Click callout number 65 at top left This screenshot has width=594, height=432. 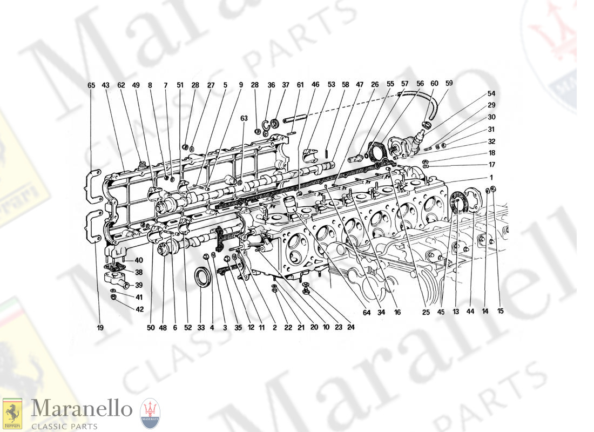click(91, 85)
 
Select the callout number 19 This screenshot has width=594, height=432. click(100, 327)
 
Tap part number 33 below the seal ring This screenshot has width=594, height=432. click(201, 327)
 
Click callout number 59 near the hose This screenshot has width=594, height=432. click(449, 83)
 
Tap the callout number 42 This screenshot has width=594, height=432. click(139, 309)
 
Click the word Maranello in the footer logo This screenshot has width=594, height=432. click(81, 409)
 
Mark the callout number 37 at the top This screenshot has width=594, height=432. click(286, 85)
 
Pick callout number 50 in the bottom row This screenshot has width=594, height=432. click(150, 327)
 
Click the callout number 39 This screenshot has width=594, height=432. click(139, 285)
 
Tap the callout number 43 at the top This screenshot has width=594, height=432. click(106, 85)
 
